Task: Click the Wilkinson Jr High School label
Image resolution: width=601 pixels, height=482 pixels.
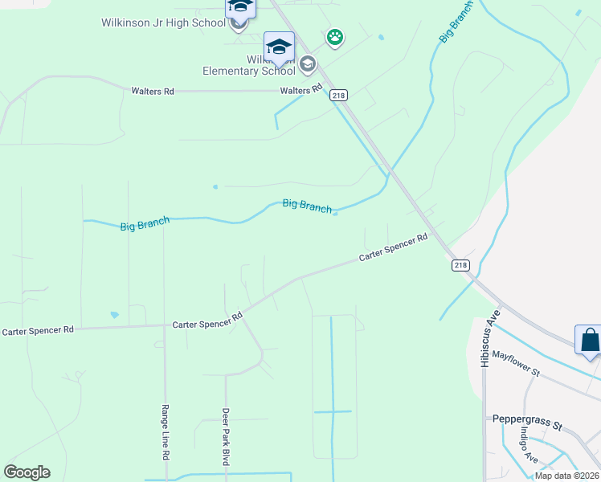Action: coord(163,22)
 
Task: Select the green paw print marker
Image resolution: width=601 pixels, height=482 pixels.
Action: coord(335,37)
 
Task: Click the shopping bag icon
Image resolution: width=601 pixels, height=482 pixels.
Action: coord(590,340)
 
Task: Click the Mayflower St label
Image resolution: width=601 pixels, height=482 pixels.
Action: coord(517,363)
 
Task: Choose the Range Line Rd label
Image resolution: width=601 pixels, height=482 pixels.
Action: coord(165,431)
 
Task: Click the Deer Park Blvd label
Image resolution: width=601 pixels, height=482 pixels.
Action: coord(226,437)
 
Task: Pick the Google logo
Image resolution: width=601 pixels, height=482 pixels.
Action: coord(27,472)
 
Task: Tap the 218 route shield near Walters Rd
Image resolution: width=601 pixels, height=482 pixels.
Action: coord(339,94)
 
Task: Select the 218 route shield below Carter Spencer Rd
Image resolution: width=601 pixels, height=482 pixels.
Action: coord(460,265)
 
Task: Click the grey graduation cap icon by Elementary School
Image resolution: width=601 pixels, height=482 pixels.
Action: coord(307,63)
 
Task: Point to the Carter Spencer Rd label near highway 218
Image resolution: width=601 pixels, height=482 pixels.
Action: coord(393,249)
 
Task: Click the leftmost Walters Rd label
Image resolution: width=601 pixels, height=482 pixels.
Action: coord(153,92)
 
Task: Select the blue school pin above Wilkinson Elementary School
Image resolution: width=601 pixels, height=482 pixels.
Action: coord(279,47)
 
